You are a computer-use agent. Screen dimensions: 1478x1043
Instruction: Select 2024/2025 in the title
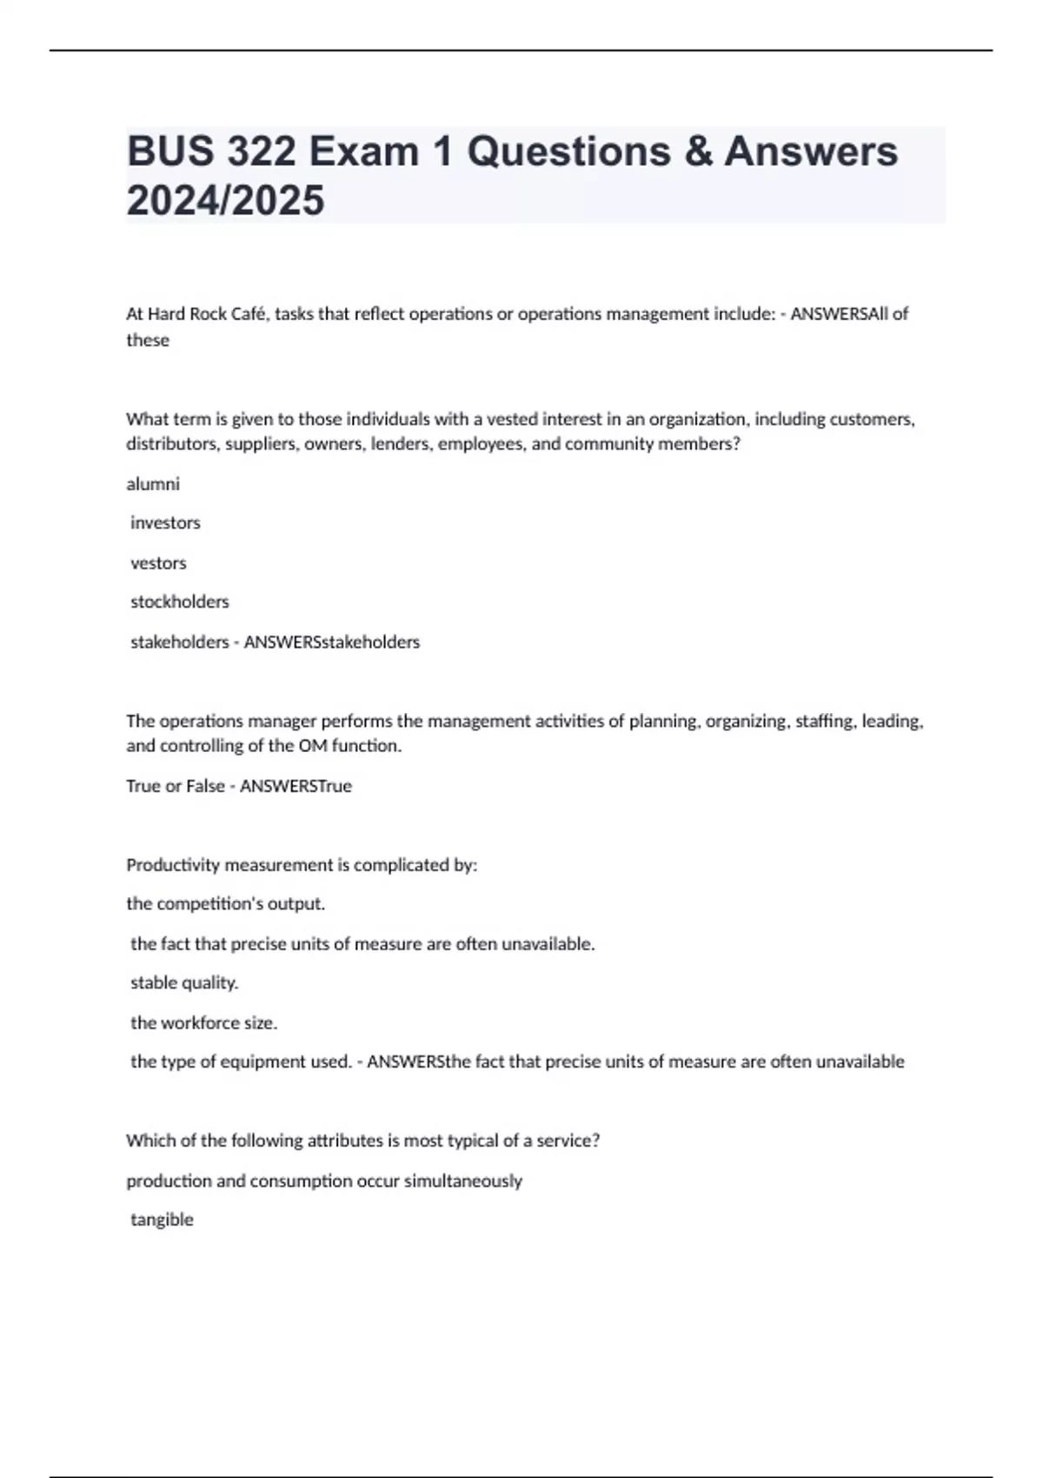click(225, 200)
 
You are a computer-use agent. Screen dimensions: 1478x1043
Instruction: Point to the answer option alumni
click(153, 483)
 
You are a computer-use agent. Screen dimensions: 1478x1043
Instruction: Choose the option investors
click(165, 523)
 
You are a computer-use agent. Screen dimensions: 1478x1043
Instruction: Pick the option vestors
click(158, 563)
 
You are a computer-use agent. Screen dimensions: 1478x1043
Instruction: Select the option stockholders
click(180, 602)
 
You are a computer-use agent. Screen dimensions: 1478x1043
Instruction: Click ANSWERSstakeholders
click(331, 642)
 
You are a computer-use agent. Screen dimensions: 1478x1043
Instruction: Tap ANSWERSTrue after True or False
click(296, 786)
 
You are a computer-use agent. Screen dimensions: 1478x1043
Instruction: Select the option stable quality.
click(184, 982)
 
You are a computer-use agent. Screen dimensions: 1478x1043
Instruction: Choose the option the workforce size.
click(204, 1022)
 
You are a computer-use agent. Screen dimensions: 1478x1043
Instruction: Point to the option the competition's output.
click(225, 903)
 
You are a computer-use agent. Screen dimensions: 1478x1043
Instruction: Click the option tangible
click(162, 1219)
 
